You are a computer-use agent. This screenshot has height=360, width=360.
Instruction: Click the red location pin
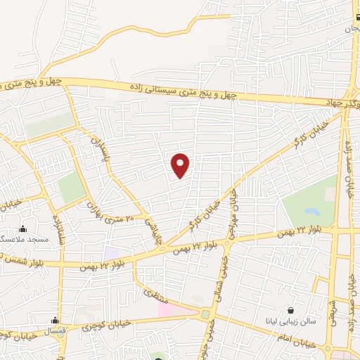click(181, 165)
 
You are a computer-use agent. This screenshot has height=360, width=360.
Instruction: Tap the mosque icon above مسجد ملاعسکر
click(23, 229)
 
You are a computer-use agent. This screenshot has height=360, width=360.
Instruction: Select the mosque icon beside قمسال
click(55, 321)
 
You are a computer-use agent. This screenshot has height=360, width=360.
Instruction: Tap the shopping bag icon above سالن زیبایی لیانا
click(291, 310)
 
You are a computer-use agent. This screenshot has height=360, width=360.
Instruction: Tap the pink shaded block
click(175, 309)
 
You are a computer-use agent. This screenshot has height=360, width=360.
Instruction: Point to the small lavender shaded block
click(112, 251)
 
